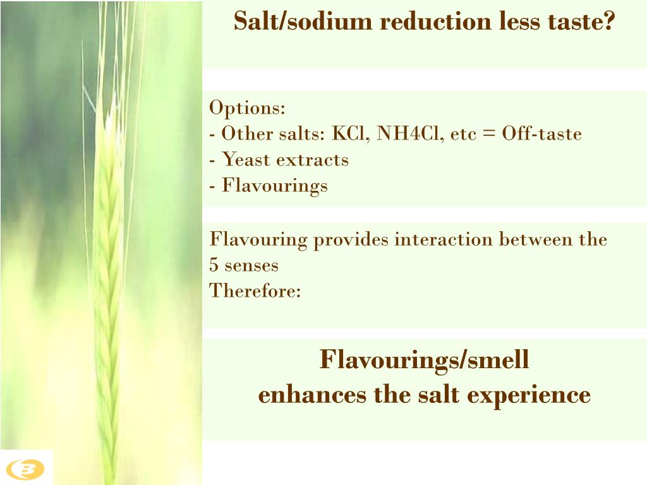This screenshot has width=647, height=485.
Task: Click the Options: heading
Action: click(x=247, y=108)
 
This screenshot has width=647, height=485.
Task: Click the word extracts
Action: click(x=311, y=160)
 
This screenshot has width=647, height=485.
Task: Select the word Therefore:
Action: click(x=255, y=291)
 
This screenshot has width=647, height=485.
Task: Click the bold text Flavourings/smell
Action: click(x=424, y=361)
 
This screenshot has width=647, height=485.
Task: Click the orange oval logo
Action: click(x=27, y=469)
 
